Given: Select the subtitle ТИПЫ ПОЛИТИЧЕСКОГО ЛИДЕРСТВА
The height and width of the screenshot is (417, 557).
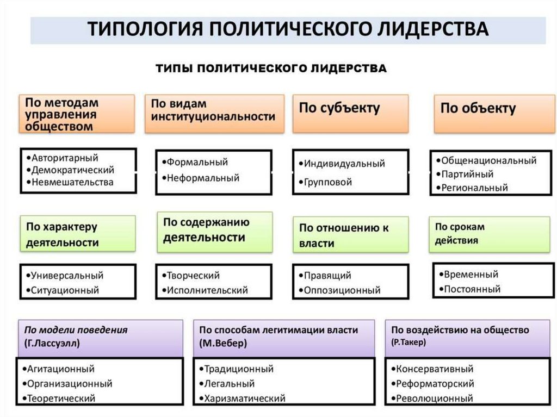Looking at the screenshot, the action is (x=271, y=68).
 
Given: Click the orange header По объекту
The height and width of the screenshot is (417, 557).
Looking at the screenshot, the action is (x=478, y=108).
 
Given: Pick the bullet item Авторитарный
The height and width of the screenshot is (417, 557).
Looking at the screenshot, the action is (x=65, y=158).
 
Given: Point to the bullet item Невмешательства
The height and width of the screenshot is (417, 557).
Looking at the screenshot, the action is (x=72, y=182).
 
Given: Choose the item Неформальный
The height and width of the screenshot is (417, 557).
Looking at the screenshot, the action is (x=203, y=178).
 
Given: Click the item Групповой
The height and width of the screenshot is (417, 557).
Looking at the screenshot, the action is (x=328, y=182).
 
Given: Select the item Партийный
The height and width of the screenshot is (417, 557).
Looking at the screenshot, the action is (x=467, y=175).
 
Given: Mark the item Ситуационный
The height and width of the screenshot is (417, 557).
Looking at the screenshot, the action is (x=65, y=290).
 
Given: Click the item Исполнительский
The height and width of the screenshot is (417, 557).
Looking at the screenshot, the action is (x=207, y=290).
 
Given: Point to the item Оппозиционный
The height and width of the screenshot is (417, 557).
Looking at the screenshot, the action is (x=342, y=290).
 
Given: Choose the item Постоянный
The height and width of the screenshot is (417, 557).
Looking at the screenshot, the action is (x=472, y=289).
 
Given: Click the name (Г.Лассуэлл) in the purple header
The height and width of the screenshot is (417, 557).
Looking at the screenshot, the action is (x=51, y=344).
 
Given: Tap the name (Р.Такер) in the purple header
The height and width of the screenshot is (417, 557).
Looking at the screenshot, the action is (x=408, y=343).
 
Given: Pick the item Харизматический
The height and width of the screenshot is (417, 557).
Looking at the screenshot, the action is (x=245, y=399).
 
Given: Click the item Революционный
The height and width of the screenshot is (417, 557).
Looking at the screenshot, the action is (x=434, y=399).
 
